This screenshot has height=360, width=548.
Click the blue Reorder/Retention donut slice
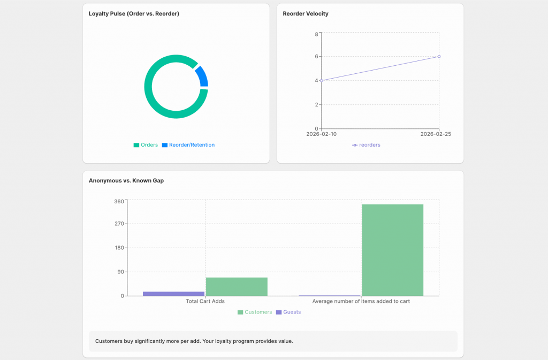tap(202, 76)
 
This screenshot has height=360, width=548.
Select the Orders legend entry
tap(146, 145)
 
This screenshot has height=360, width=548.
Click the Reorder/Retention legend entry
tap(188, 145)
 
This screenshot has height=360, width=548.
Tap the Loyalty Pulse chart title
tap(134, 13)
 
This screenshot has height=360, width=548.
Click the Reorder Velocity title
tap(306, 13)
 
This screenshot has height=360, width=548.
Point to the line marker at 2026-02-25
tap(439, 56)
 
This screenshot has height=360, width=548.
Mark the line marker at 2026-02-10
tap(321, 80)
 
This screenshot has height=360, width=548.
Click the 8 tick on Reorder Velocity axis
tap(316, 34)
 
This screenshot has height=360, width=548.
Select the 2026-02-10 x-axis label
tap(321, 134)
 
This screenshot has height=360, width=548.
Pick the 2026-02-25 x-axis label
tap(436, 134)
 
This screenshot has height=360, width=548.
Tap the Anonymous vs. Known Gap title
tap(126, 180)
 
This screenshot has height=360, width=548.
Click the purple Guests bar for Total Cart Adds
tap(173, 294)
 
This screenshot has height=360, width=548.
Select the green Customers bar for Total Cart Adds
tap(237, 287)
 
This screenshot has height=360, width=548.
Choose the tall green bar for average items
tap(392, 250)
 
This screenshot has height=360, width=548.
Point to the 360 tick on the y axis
tap(119, 202)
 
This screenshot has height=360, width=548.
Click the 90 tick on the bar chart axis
tap(120, 272)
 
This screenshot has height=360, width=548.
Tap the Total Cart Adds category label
tap(205, 301)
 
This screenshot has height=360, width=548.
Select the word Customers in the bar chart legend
tap(258, 312)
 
